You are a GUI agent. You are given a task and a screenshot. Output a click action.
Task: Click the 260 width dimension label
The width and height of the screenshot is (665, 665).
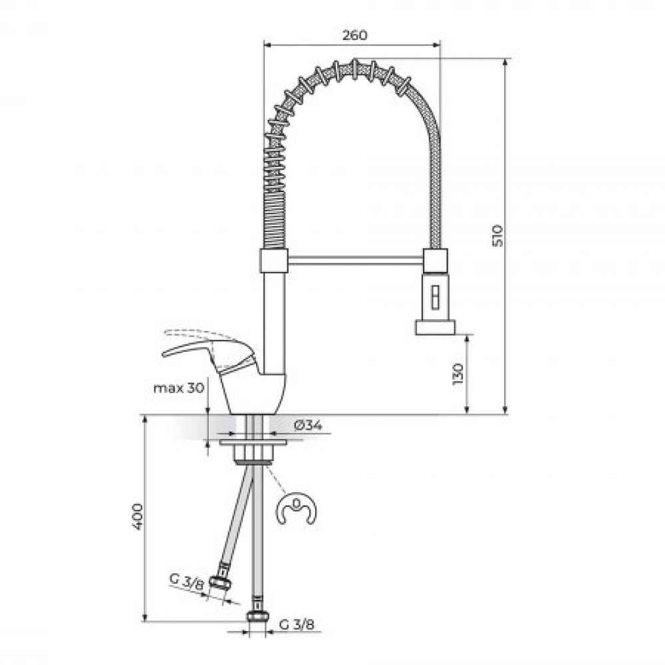(x=354, y=35)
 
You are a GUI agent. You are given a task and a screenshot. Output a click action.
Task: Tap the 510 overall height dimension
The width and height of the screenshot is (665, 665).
(x=498, y=236)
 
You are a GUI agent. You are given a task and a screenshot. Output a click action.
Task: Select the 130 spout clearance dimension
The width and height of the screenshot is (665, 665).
(x=458, y=374)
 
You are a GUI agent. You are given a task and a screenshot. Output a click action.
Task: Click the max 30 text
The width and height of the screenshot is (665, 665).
(x=178, y=388)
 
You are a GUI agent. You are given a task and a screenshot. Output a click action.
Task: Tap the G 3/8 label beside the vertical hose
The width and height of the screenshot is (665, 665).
(x=297, y=624)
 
